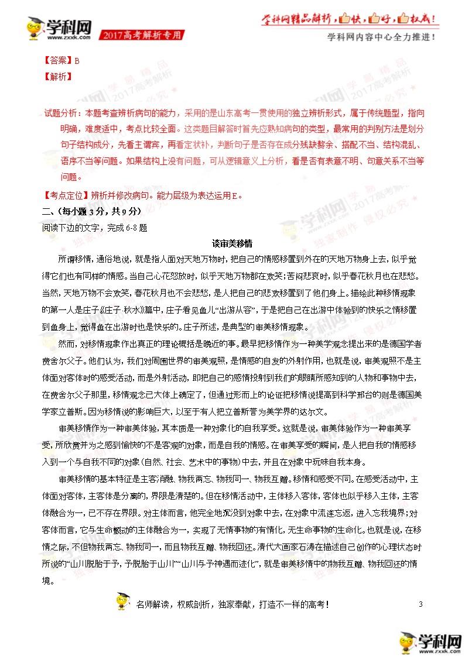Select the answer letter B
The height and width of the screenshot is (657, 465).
(x=76, y=60)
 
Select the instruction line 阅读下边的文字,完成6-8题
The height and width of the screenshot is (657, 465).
(x=94, y=228)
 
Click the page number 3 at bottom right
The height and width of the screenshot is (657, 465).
(x=420, y=604)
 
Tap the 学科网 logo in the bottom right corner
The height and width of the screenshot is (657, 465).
(x=430, y=643)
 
